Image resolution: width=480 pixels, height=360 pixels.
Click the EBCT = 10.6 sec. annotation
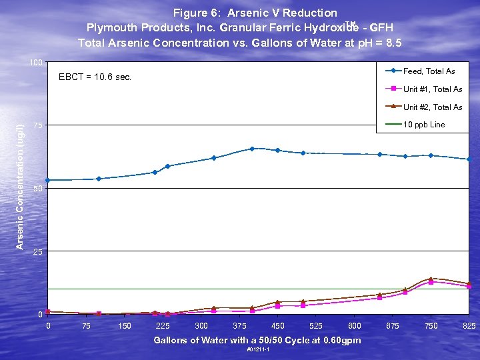95,77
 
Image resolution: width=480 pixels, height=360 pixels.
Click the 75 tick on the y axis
38,125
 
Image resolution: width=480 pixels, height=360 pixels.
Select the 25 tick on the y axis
38,252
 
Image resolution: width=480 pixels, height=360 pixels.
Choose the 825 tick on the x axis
469,326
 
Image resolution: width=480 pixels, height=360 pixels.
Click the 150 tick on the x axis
124,326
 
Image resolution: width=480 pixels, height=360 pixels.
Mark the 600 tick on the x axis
355,326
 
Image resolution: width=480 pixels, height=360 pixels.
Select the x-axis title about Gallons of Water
257,340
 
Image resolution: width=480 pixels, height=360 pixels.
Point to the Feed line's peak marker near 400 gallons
252,149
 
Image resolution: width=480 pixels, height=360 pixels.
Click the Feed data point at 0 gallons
48,180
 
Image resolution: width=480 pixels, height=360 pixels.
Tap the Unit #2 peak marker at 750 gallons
431,279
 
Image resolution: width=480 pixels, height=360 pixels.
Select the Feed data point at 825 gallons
469,159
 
